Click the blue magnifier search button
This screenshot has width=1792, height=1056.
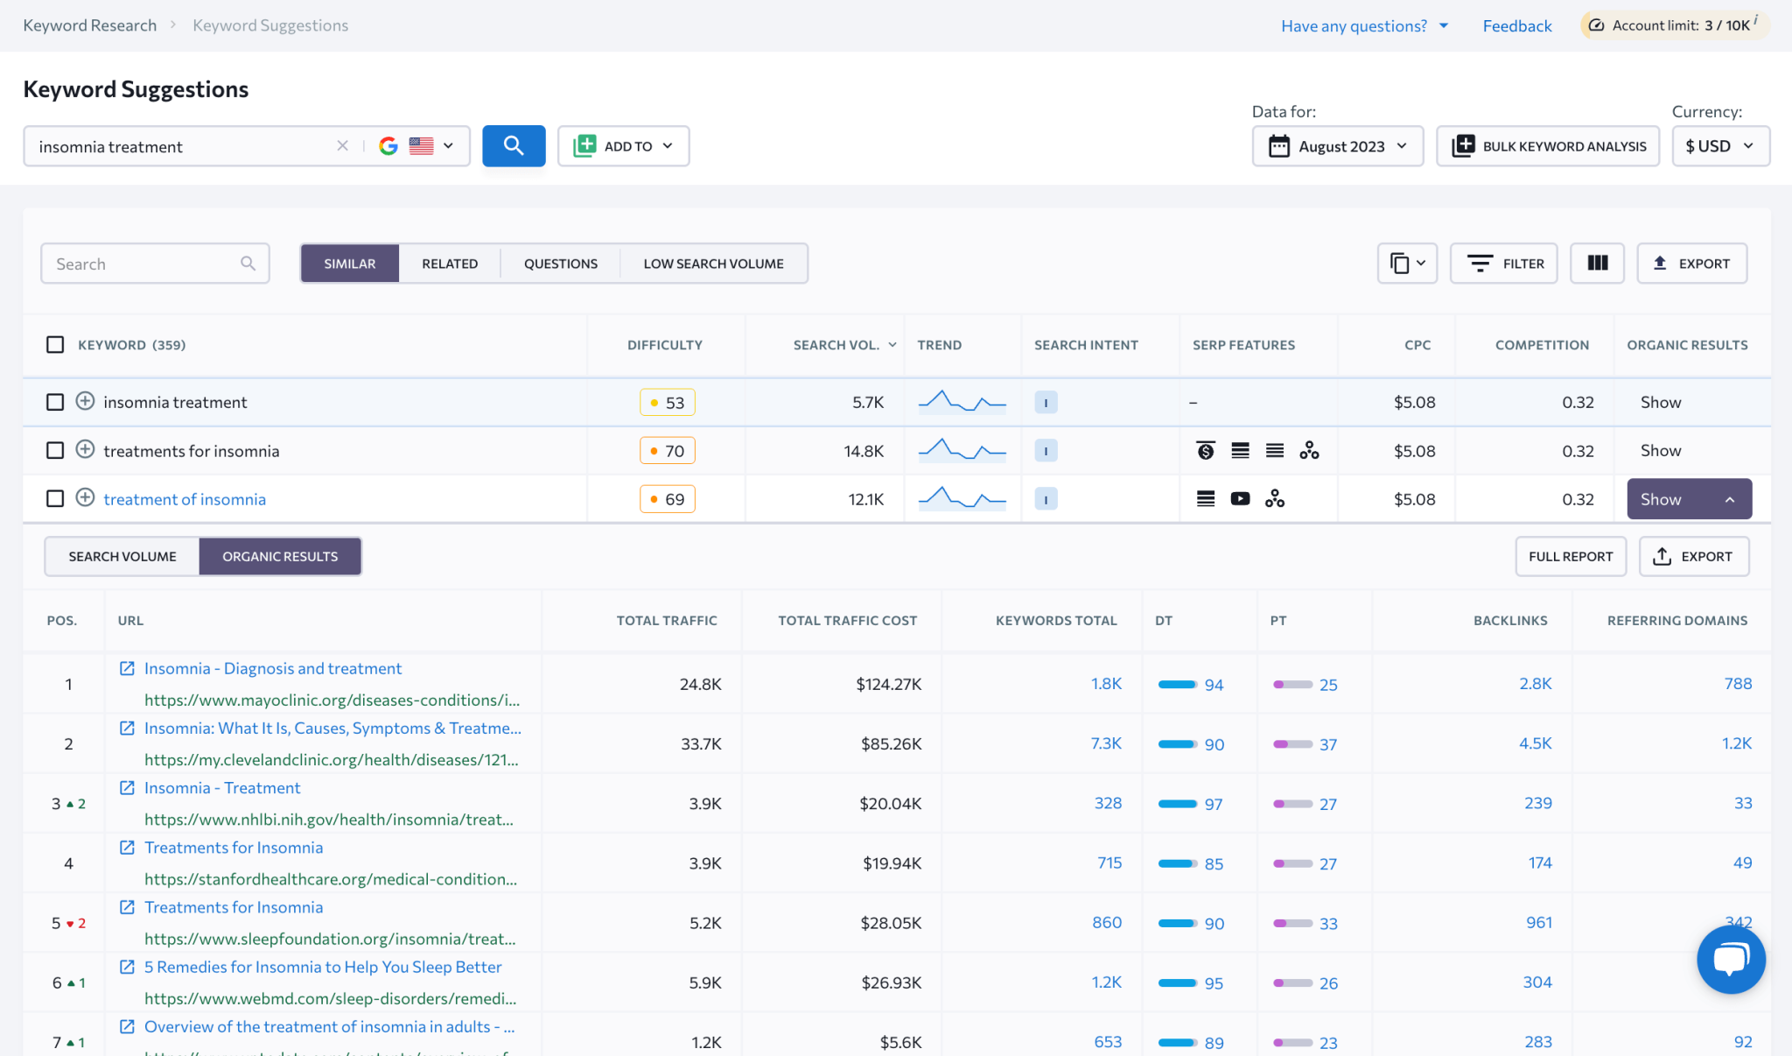514,145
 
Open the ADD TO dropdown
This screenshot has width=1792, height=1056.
623,146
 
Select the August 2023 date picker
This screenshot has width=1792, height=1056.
1337,146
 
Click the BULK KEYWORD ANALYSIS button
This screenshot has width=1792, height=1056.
1548,146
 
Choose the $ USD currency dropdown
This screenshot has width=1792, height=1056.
1720,146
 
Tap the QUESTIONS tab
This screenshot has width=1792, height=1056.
560,264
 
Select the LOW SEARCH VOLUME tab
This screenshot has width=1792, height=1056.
713,264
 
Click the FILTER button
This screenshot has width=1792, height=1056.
1504,264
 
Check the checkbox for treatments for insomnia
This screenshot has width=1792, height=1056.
55,450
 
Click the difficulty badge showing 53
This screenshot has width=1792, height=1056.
668,403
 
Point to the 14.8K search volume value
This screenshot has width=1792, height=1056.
863,451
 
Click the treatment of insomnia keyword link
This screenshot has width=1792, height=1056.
185,499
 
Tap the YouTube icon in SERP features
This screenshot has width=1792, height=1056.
1240,499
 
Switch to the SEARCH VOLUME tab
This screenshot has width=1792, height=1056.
122,557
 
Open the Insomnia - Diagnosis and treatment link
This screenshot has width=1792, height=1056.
272,669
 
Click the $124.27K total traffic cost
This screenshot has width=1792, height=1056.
888,684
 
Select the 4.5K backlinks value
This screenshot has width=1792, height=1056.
1535,743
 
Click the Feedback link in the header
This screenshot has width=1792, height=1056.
1516,26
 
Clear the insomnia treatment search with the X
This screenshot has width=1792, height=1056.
342,146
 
